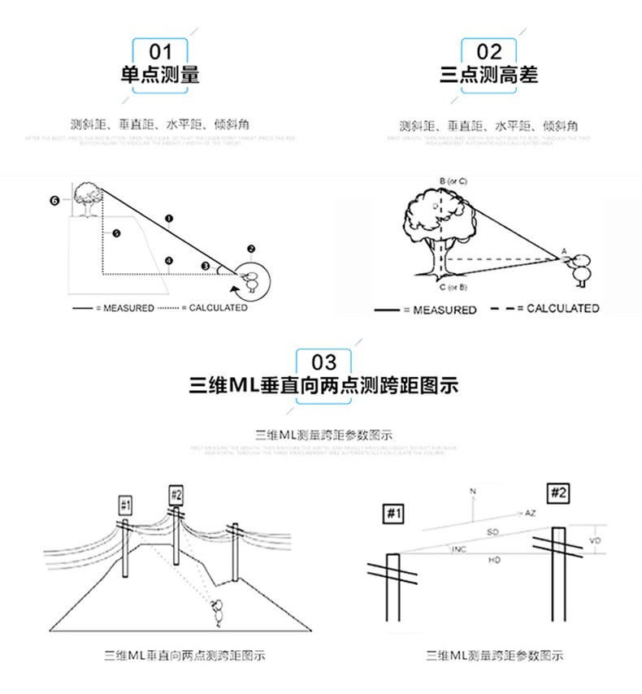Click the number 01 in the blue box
tap(159, 51)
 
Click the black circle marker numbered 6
tap(54, 199)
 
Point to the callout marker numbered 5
tap(116, 233)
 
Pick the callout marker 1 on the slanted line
tap(168, 219)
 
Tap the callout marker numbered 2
tap(251, 249)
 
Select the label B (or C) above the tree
tap(453, 180)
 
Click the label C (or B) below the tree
tap(453, 287)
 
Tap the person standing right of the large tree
tap(580, 271)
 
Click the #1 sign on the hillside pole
tap(126, 505)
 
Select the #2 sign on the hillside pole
tap(176, 494)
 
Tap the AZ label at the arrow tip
tap(530, 514)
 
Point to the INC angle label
tap(458, 549)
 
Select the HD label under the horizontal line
tap(494, 561)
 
